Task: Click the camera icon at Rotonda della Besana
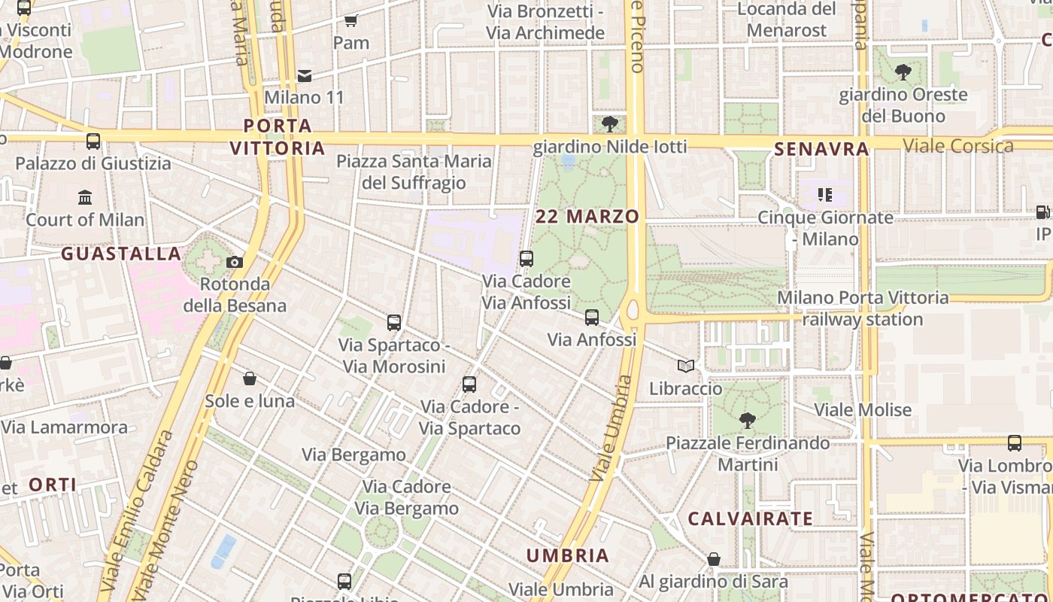pyautogui.click(x=235, y=262)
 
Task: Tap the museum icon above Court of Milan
pyautogui.click(x=85, y=198)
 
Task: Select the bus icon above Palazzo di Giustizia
pyautogui.click(x=93, y=141)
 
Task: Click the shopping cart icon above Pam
pyautogui.click(x=350, y=20)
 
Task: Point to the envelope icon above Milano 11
pyautogui.click(x=305, y=75)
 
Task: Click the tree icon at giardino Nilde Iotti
pyautogui.click(x=610, y=123)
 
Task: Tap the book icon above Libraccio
pyautogui.click(x=685, y=366)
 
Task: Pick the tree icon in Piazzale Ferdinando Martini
pyautogui.click(x=747, y=420)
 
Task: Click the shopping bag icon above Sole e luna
pyautogui.click(x=250, y=379)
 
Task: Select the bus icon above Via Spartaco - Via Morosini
pyautogui.click(x=394, y=323)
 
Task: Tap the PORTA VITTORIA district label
pyautogui.click(x=278, y=137)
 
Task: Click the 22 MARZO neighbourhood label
pyautogui.click(x=587, y=217)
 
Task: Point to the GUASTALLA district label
pyautogui.click(x=121, y=254)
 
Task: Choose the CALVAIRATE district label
pyautogui.click(x=750, y=518)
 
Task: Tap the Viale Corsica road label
pyautogui.click(x=958, y=146)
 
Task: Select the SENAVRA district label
pyautogui.click(x=821, y=149)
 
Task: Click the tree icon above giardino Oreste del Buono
pyautogui.click(x=903, y=72)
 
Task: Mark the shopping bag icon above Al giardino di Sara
pyautogui.click(x=714, y=559)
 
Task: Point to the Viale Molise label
pyautogui.click(x=863, y=410)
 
